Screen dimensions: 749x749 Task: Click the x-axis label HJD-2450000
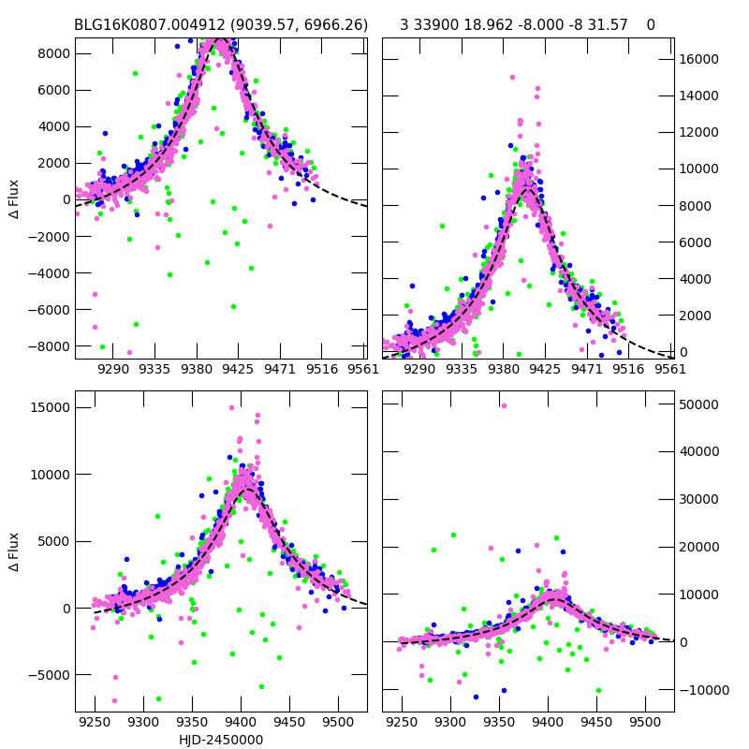pyautogui.click(x=221, y=740)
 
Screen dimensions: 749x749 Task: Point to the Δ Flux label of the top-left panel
pyautogui.click(x=14, y=198)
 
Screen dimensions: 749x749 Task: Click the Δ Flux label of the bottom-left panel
pyautogui.click(x=14, y=552)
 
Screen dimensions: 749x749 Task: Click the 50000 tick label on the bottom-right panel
pyautogui.click(x=698, y=404)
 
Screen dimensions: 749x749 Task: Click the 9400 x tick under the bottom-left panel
pyautogui.click(x=241, y=723)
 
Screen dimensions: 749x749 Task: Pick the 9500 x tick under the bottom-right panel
pyautogui.click(x=644, y=723)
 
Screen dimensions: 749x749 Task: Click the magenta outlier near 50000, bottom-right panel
pyautogui.click(x=504, y=405)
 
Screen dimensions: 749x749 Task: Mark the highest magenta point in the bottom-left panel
pyautogui.click(x=231, y=407)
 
